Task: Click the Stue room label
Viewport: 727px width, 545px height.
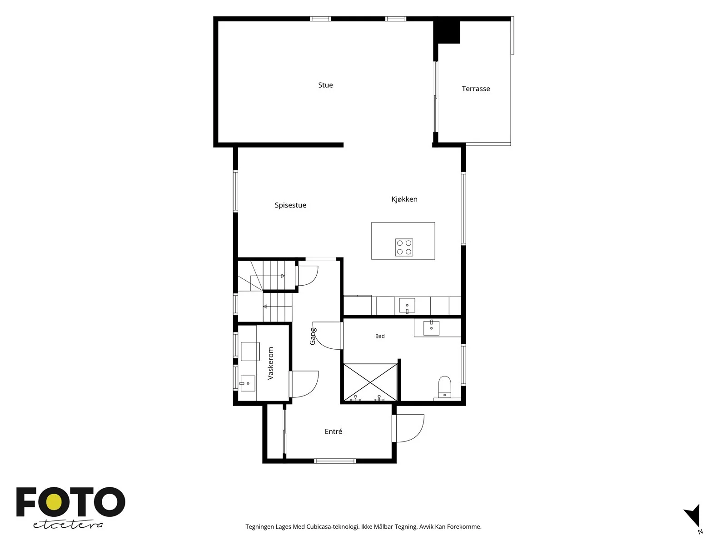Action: click(x=325, y=85)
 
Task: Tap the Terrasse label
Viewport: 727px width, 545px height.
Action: click(x=476, y=89)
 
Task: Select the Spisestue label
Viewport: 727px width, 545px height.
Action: click(x=290, y=205)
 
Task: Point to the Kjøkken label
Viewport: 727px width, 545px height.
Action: click(x=404, y=199)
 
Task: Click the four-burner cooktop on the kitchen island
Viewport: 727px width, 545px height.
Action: click(x=404, y=247)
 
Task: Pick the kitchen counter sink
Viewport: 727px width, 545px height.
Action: click(x=407, y=305)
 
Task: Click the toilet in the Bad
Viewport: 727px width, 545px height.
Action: click(x=444, y=386)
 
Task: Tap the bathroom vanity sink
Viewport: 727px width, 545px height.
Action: click(x=431, y=328)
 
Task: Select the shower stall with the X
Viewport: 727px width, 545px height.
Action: click(x=370, y=382)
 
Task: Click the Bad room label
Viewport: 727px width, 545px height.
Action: click(x=380, y=336)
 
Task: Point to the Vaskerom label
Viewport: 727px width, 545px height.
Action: click(x=271, y=363)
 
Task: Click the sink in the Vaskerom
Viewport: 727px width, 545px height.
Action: click(x=248, y=383)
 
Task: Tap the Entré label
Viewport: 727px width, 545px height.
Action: click(x=333, y=431)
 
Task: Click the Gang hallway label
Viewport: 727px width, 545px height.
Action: click(x=313, y=336)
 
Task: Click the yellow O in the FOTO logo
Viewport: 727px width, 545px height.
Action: click(x=54, y=502)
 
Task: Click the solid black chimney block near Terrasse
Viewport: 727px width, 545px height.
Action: click(x=447, y=32)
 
